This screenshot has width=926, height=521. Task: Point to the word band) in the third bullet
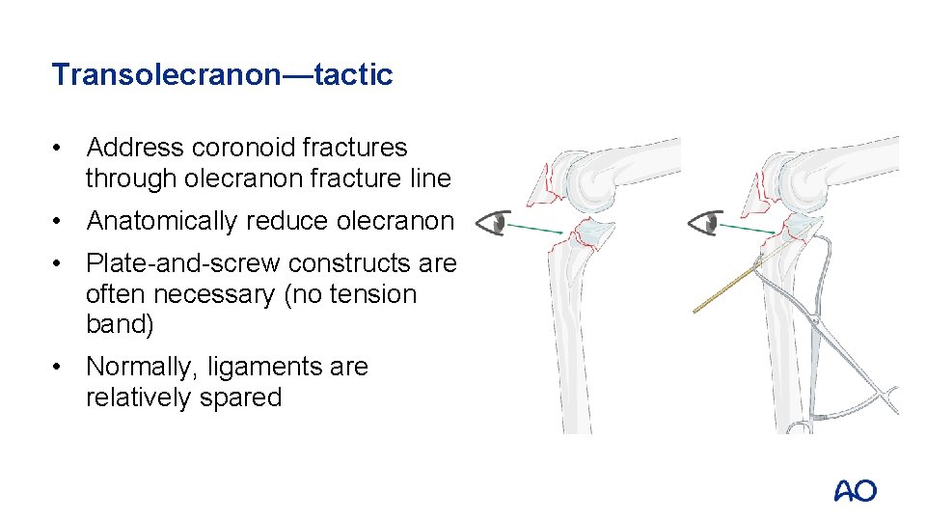click(x=120, y=324)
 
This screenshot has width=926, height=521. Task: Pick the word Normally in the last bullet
click(x=143, y=368)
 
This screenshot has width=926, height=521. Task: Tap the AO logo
click(x=855, y=491)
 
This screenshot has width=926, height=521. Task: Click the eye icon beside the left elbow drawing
click(x=492, y=223)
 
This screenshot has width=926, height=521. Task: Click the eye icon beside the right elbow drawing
click(x=705, y=223)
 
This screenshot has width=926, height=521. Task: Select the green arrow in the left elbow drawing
click(x=536, y=229)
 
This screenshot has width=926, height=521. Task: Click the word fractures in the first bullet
click(x=354, y=148)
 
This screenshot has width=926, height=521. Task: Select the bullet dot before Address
click(x=60, y=148)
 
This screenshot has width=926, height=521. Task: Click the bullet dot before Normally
click(x=60, y=368)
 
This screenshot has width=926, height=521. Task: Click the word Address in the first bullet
click(x=135, y=148)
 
